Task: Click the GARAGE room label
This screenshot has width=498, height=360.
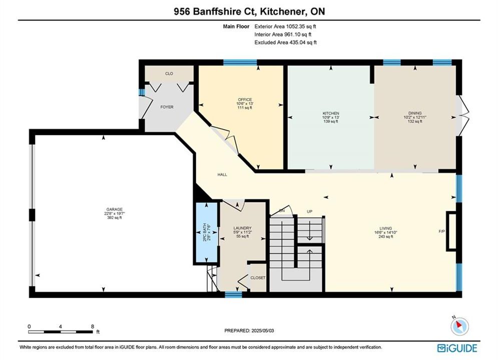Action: coord(114,209)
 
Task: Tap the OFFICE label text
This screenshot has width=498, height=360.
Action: coord(245,99)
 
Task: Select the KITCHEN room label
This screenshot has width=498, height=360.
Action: coord(331,113)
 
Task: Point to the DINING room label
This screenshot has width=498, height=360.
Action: coord(415,113)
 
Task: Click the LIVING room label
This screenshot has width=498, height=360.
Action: coord(385,228)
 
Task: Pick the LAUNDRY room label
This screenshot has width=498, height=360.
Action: coord(242,228)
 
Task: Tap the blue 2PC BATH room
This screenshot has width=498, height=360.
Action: coord(206,232)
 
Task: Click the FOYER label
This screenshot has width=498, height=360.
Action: coord(167,107)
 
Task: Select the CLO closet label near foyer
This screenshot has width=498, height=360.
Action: coord(169,73)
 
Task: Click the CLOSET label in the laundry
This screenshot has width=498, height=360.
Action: coord(258,278)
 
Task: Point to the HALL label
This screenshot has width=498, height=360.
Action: coord(222,174)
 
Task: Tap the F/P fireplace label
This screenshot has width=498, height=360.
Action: coord(442,231)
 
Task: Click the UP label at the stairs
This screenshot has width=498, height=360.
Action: coord(309,211)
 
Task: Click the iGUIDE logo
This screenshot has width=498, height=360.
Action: coord(457,348)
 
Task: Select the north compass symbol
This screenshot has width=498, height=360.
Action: coord(459,325)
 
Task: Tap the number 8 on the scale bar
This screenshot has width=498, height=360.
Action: coord(93,326)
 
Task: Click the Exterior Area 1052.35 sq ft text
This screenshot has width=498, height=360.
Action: coord(285,26)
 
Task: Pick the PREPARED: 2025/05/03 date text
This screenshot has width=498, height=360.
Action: coord(249,330)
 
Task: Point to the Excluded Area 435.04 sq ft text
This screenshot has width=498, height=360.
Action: coord(285,42)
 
